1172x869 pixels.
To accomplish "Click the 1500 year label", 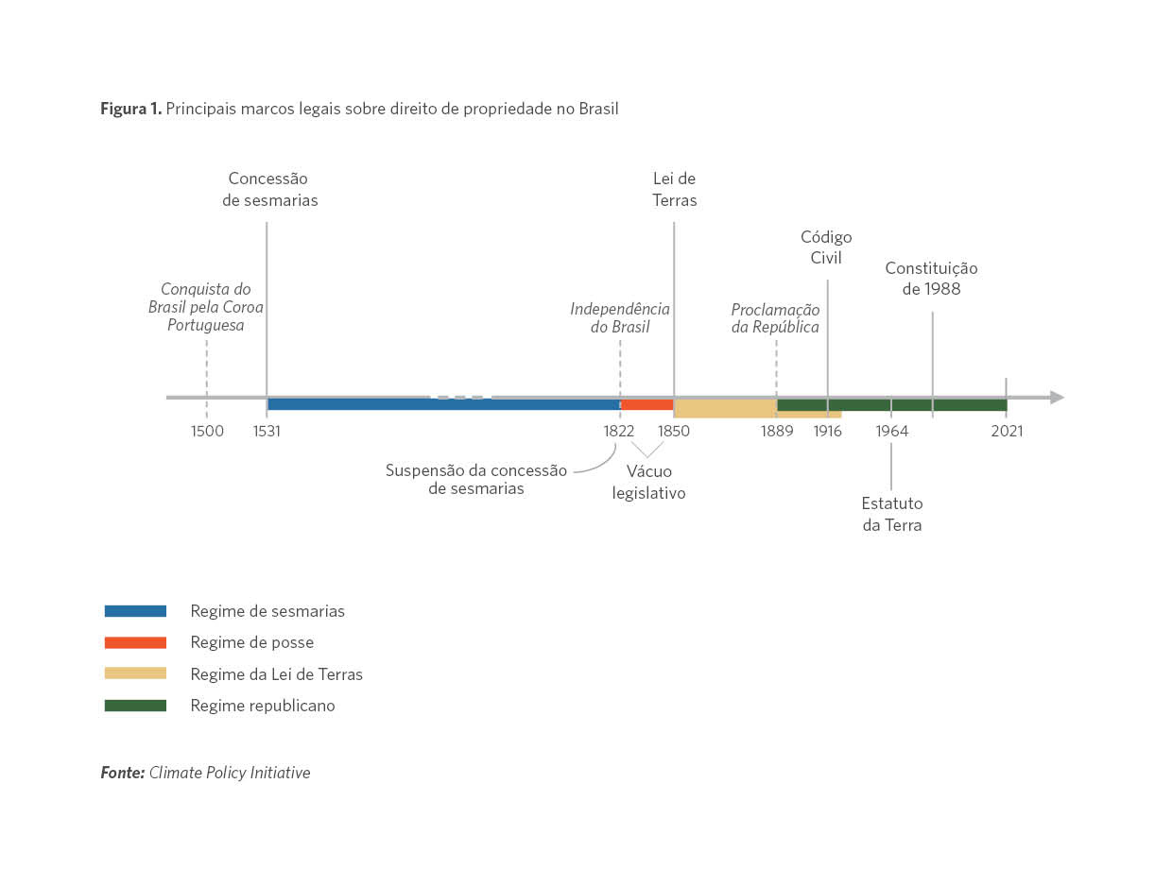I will point(207,432).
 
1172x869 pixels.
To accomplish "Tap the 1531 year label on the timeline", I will point(267,432).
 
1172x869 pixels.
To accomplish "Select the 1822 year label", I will point(619,432).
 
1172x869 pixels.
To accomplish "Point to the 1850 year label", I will point(674,432).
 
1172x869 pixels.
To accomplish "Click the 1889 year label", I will point(777,432).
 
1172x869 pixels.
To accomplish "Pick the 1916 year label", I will point(828,432).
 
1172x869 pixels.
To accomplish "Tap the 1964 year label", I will point(891,432).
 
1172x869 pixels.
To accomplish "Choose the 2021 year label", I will point(1007,432).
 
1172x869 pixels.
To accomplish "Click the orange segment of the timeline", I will point(646,404).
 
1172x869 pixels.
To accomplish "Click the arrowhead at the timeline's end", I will point(1056,398).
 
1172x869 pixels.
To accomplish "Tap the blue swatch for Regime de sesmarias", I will point(135,611).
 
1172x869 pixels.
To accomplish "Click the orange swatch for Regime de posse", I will point(135,642).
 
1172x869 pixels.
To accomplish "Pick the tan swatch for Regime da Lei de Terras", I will point(135,673).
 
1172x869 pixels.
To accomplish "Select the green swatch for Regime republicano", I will point(135,706).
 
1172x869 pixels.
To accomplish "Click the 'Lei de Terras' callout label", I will point(675,189).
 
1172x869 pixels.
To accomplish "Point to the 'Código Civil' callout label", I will point(826,247).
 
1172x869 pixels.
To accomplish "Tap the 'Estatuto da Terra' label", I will point(891,514).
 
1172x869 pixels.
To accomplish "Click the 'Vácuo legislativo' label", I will point(648,482).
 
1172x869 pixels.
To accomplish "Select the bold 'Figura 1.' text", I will point(131,109).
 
